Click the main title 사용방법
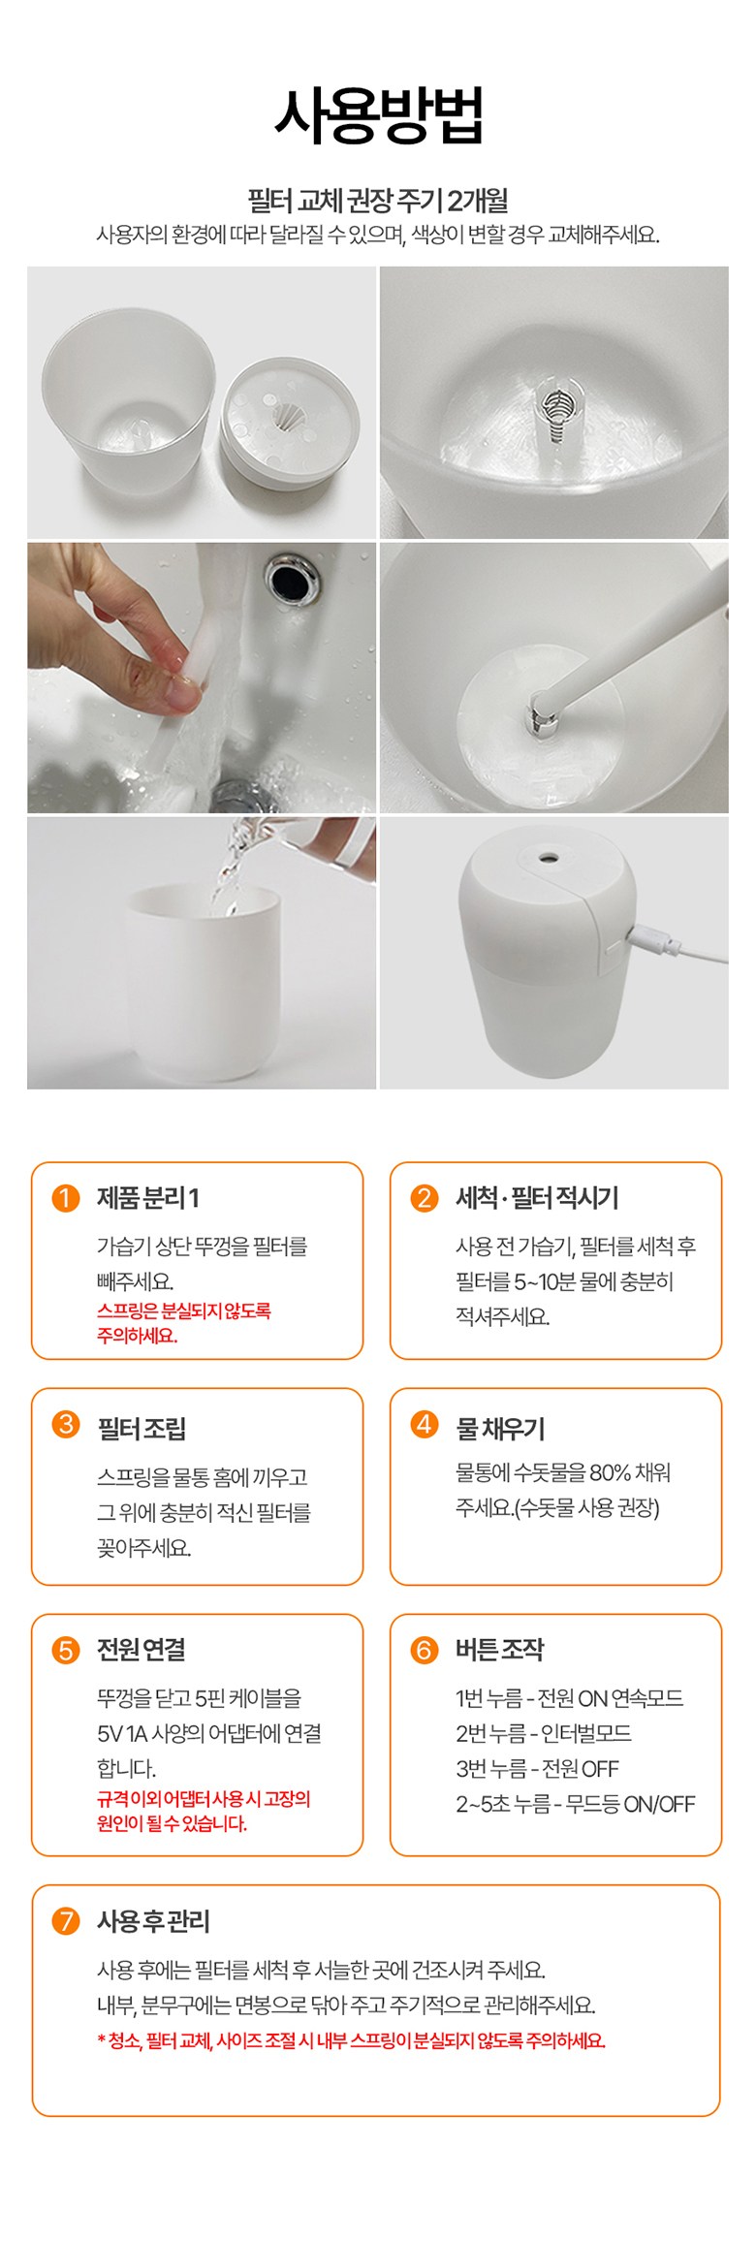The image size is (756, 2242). coord(378,115)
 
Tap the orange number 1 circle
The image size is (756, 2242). coord(65,1198)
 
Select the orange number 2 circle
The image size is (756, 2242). coord(424,1198)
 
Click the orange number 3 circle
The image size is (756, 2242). coord(65,1424)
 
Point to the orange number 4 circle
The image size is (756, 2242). coord(424,1424)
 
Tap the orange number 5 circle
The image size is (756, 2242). coord(65,1650)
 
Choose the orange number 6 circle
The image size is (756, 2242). coord(424,1650)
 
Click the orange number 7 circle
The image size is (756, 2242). coord(65,1920)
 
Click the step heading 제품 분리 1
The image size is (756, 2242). coord(147,1198)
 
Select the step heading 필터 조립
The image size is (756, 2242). coord(142,1428)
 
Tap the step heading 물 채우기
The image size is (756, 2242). coord(500,1428)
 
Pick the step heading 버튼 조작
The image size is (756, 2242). coord(500,1650)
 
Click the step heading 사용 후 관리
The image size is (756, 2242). coord(153,1920)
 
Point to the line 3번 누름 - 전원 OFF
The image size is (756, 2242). coord(537,1768)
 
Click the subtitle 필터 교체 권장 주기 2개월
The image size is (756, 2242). coord(378,201)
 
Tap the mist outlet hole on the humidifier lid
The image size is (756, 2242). coord(549,858)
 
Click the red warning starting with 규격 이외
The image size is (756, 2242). coord(204,1811)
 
